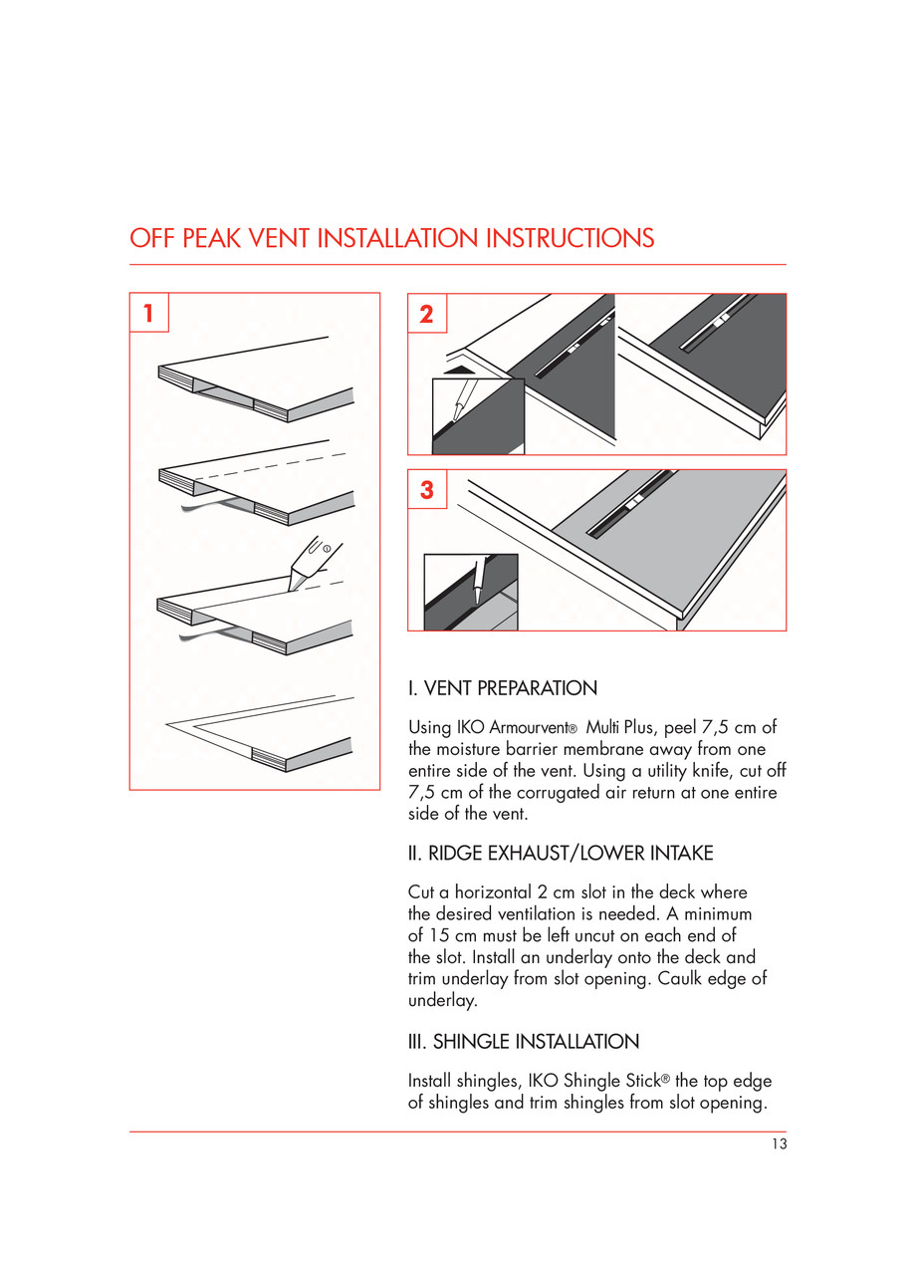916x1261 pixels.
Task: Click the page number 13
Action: click(779, 1144)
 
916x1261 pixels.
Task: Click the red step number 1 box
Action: click(148, 313)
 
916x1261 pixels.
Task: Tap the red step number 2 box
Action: click(427, 313)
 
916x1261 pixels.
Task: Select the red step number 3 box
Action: click(427, 489)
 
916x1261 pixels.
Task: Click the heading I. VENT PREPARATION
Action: click(503, 688)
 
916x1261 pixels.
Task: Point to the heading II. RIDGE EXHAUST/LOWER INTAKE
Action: click(561, 854)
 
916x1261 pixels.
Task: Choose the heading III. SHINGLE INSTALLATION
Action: click(524, 1042)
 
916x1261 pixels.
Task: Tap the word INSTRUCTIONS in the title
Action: click(570, 239)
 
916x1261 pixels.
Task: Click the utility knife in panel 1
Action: click(314, 562)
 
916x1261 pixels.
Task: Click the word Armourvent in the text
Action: click(529, 728)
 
